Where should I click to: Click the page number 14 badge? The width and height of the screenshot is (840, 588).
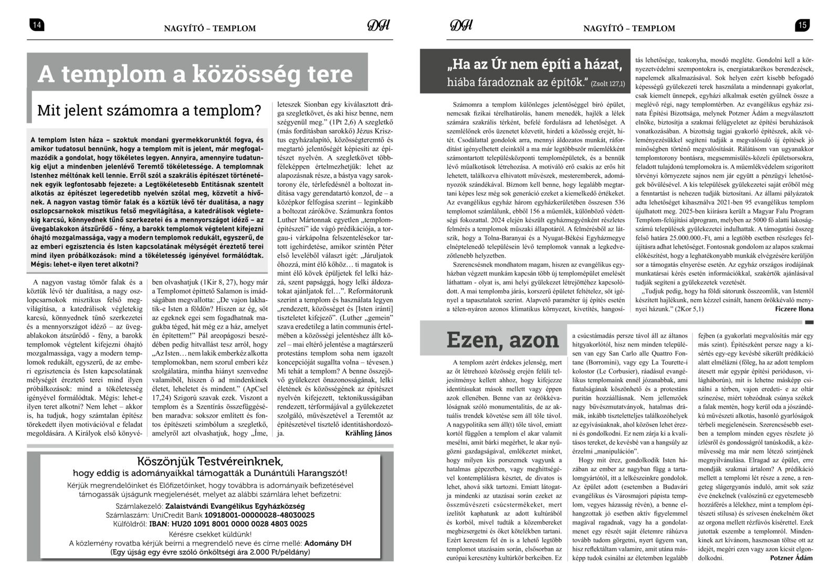click(x=36, y=25)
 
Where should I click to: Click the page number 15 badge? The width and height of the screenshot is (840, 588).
click(x=803, y=25)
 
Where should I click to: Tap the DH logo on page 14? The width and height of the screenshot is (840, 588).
click(x=377, y=26)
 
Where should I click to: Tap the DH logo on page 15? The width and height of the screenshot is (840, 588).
click(x=461, y=26)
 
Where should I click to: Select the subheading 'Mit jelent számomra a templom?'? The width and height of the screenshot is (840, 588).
click(x=149, y=111)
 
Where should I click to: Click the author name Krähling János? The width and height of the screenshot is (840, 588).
click(x=369, y=433)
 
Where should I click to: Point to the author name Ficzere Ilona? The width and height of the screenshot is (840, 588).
click(x=794, y=309)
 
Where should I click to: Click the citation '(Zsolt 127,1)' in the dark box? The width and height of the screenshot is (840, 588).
click(x=608, y=84)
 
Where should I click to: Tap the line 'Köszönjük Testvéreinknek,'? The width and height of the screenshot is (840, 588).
click(x=210, y=462)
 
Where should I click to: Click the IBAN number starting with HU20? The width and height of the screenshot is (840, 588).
click(x=241, y=524)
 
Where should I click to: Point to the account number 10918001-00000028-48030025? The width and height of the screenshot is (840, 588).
click(x=260, y=515)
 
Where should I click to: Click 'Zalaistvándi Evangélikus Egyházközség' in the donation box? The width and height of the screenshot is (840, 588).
click(x=235, y=506)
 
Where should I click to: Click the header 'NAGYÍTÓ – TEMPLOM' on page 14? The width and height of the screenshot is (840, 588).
click(x=210, y=28)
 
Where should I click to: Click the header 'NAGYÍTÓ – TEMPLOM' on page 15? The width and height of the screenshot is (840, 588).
click(x=629, y=28)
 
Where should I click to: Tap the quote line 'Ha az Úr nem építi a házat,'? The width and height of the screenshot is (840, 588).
click(x=534, y=65)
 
